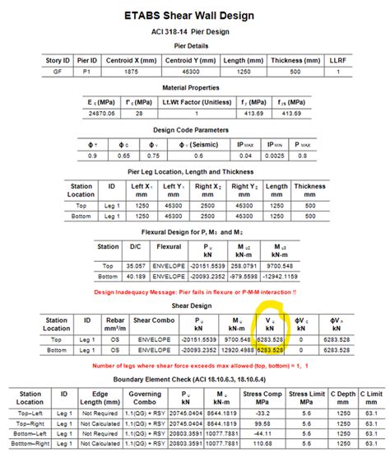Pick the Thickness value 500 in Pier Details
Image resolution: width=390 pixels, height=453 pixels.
pyautogui.click(x=308, y=72)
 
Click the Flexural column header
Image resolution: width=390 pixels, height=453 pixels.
pyautogui.click(x=169, y=246)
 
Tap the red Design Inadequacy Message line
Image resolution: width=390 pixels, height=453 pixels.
pyautogui.click(x=195, y=292)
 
